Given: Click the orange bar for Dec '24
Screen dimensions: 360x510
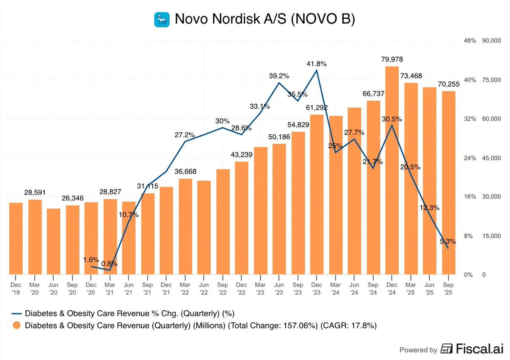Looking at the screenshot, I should [392, 170].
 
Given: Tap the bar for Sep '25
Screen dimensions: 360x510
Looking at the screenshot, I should [448, 183].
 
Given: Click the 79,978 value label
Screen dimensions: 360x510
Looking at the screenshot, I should [392, 59].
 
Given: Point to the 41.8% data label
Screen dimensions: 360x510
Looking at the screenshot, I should [317, 64].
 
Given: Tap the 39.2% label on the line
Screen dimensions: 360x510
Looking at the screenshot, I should [279, 76].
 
